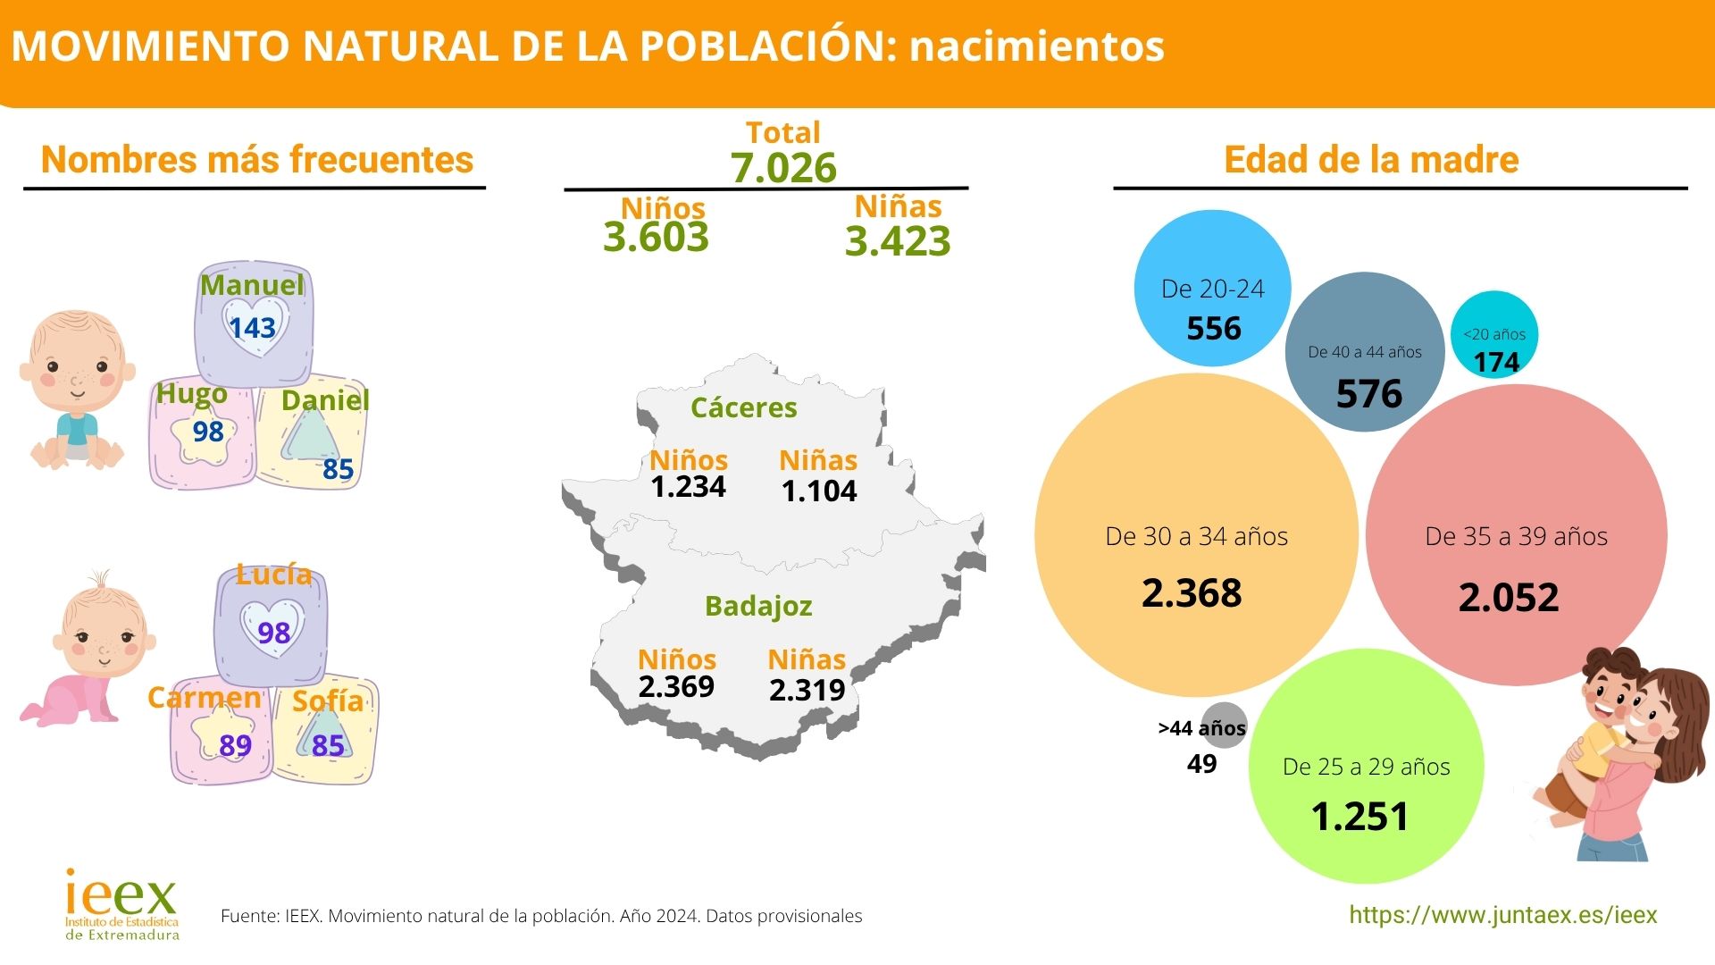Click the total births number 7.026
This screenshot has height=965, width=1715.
tap(783, 168)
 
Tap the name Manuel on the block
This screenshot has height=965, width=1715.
tap(252, 285)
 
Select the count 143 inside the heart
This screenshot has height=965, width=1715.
tap(252, 328)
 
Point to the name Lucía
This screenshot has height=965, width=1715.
tap(273, 574)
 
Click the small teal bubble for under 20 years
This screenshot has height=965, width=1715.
tap(1494, 334)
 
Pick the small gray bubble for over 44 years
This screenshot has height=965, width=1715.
tap(1224, 725)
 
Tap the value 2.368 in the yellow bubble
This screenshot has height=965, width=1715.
tap(1192, 593)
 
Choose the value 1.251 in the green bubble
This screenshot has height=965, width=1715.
tap(1359, 817)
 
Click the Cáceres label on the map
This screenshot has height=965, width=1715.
tap(743, 407)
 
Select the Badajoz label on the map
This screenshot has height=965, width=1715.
tap(758, 606)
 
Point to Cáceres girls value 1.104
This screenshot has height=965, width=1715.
tap(818, 491)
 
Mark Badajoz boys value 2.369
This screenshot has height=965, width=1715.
tap(676, 686)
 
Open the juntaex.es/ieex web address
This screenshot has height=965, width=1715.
tap(1502, 915)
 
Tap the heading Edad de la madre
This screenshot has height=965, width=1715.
tap(1371, 160)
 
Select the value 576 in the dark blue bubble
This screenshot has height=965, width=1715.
tap(1368, 394)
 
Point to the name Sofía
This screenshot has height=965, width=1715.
tap(328, 701)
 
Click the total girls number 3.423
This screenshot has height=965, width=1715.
tap(898, 241)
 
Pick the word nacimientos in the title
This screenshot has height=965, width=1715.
tap(1036, 46)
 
